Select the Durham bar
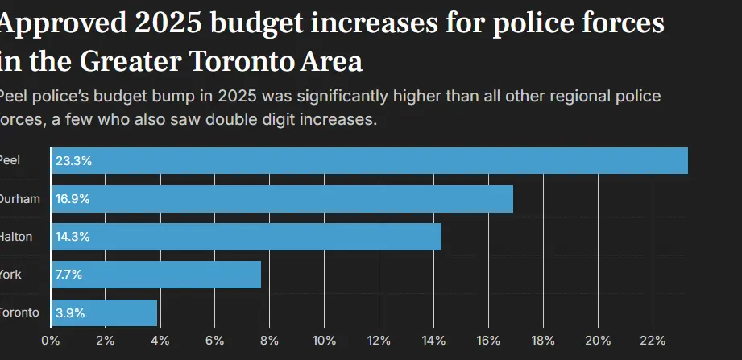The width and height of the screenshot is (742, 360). point(282,199)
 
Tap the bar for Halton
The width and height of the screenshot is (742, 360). point(246,237)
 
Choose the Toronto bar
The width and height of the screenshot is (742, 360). point(104,312)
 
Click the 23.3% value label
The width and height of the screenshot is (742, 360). point(73,161)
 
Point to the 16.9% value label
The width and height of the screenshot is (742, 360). point(73,199)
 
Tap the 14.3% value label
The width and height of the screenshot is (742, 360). point(73,237)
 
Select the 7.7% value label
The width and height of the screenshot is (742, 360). point(69,275)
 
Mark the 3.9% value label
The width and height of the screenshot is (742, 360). point(70,312)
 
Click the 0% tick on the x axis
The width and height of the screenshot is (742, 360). point(50,340)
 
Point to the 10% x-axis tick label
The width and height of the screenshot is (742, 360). point(324,340)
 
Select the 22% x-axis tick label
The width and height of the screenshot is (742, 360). point(652,340)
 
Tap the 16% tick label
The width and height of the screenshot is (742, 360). point(488,340)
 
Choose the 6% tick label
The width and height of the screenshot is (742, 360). point(214,340)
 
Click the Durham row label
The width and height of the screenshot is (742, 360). point(19,199)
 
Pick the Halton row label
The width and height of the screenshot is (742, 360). point(16,237)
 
